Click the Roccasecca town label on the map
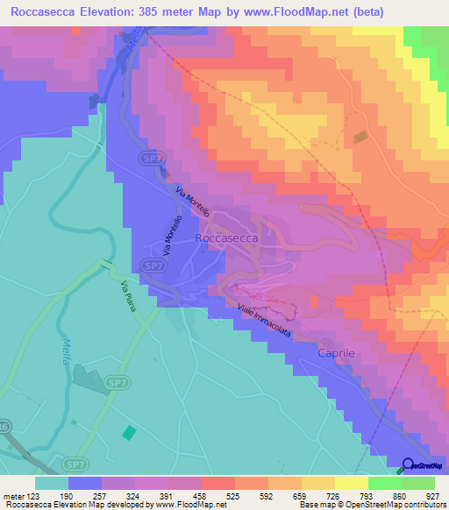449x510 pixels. coord(227,237)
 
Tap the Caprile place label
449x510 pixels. coord(335,352)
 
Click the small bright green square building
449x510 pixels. coord(129,432)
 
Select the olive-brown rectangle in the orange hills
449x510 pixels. coord(360,138)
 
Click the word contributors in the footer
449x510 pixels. coord(425,505)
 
